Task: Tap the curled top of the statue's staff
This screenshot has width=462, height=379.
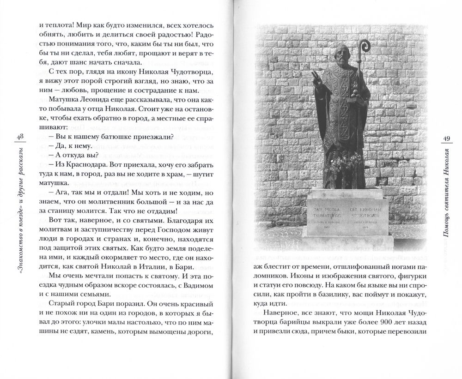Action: [365, 46]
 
